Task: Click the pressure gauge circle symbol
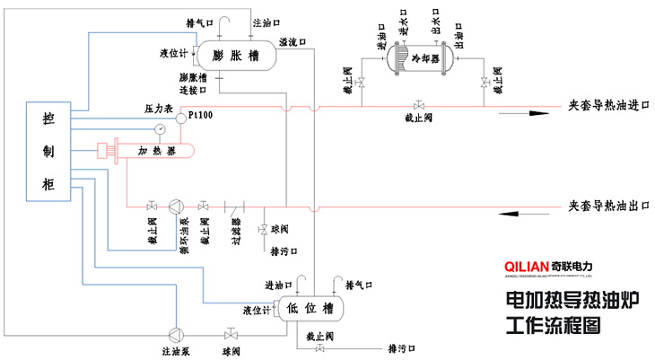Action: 160,128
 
